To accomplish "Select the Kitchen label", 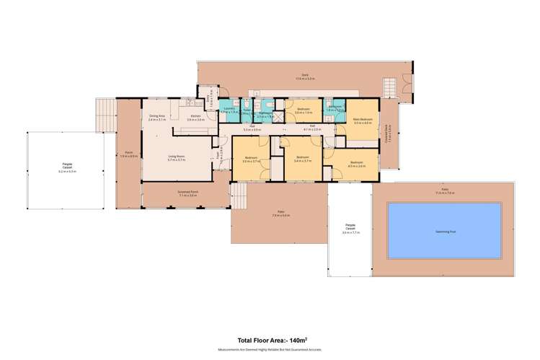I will tap(195, 118).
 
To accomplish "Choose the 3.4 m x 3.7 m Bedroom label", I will tap(302, 159).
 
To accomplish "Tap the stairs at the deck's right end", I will tap(390, 88).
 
